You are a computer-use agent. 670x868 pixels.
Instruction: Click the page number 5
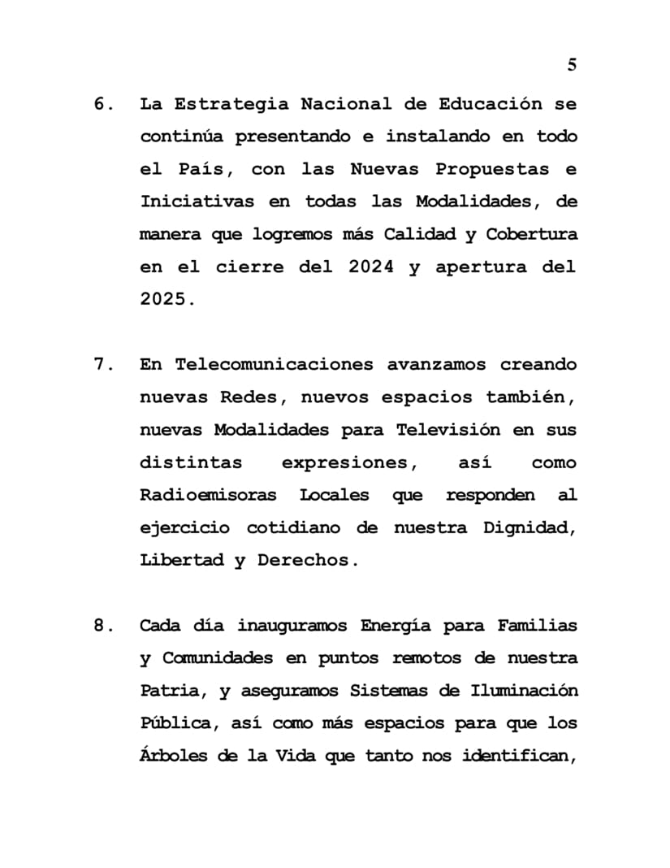pos(572,66)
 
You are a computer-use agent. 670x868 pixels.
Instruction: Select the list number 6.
pos(102,105)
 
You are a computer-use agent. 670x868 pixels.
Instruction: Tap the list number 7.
pos(102,365)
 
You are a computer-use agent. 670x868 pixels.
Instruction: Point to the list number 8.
pos(102,626)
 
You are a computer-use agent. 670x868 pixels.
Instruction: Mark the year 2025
pos(164,300)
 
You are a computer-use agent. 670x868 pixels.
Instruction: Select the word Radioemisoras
pos(208,495)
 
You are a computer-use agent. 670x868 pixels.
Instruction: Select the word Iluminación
pos(524,691)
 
